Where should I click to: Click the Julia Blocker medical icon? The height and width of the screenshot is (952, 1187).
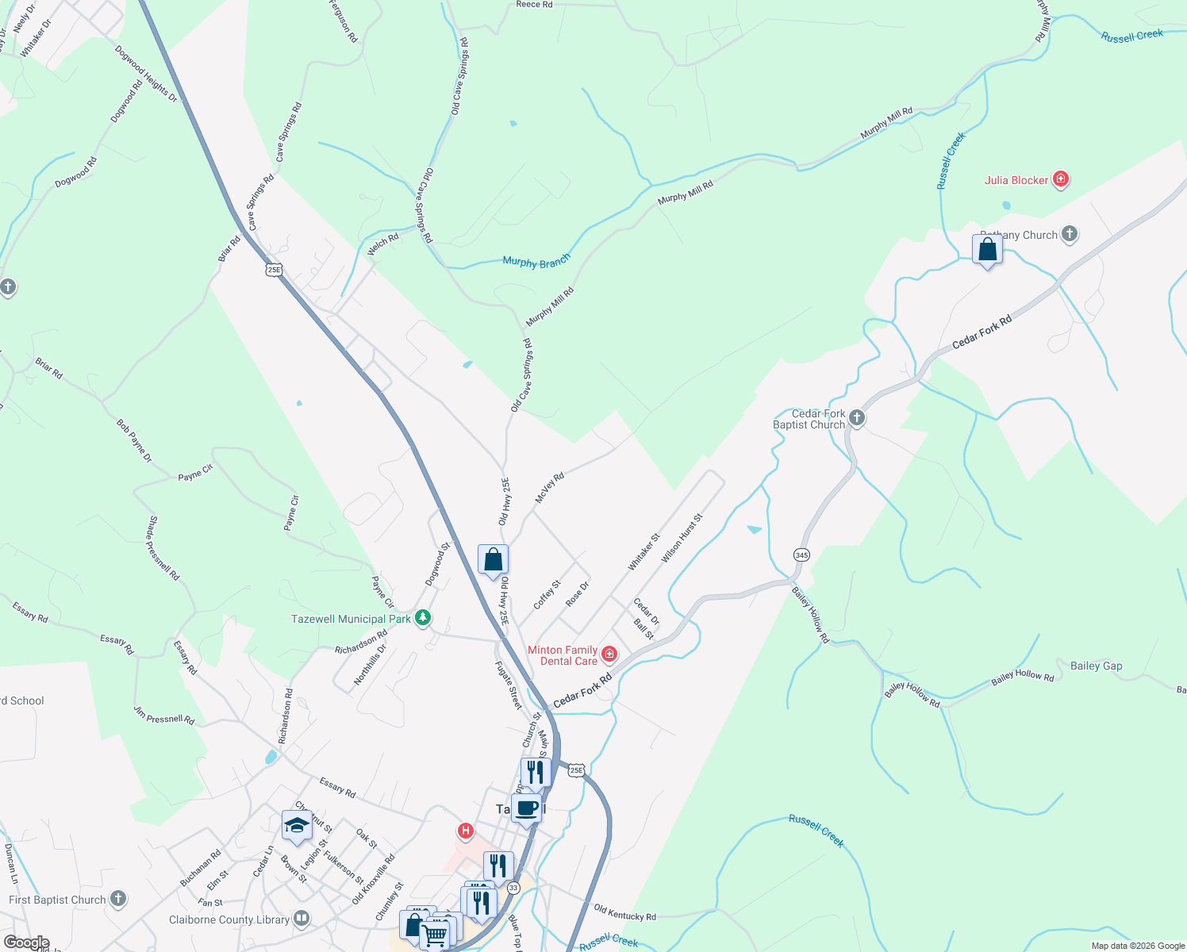[1060, 180]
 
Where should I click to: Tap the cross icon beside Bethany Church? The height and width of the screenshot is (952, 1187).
[1070, 234]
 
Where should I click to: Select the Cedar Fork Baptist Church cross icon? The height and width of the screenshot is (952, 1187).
[856, 418]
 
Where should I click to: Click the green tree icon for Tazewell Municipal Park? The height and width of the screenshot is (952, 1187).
[423, 618]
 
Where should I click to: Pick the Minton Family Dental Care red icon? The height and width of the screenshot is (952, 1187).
[609, 654]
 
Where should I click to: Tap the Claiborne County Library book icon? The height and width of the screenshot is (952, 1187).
[301, 919]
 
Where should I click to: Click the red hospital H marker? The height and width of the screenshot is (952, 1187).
[466, 831]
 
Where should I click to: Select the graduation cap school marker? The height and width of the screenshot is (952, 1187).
[297, 826]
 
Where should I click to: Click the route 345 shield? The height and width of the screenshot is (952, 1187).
[801, 555]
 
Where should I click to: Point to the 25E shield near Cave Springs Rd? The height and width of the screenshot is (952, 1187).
[274, 270]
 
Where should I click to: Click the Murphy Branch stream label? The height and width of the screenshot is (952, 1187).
[536, 261]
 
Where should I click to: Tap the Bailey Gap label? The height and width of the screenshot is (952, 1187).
[1096, 666]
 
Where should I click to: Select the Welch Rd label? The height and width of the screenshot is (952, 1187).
[383, 244]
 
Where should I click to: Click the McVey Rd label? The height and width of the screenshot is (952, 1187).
[549, 487]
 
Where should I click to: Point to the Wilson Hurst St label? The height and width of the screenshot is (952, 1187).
[682, 538]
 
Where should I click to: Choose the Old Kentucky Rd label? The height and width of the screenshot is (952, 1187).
[624, 913]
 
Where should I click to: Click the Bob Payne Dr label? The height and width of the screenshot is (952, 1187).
[133, 441]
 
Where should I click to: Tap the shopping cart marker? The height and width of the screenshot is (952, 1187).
[434, 935]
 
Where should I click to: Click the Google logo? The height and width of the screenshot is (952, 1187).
[26, 942]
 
